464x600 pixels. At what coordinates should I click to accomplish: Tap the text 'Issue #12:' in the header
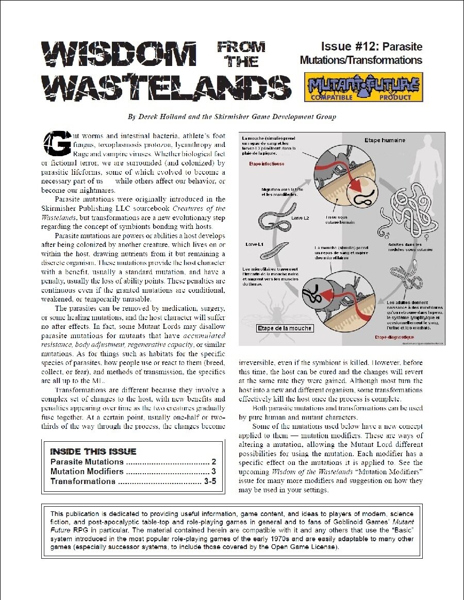click(x=351, y=46)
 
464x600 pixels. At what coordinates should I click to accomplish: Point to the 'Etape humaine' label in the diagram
click(x=385, y=140)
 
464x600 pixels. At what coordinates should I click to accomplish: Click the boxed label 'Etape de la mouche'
click(x=285, y=328)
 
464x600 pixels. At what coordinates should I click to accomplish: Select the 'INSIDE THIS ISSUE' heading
click(x=93, y=452)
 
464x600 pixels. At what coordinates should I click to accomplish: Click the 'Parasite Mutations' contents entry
click(x=87, y=462)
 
